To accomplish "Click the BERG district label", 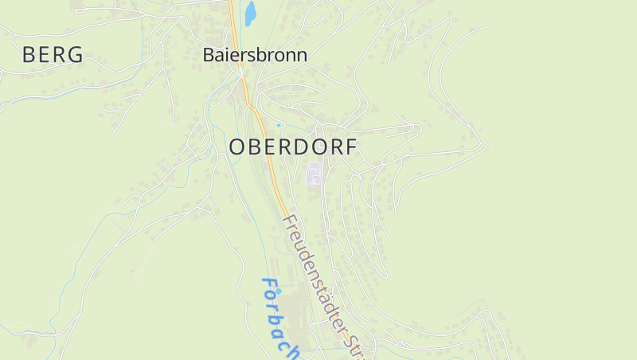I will [x=53, y=55].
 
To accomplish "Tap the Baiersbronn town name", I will [x=255, y=55].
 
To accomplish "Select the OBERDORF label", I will [x=293, y=147].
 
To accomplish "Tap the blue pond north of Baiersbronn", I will [x=250, y=13].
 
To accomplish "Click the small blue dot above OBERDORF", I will [x=278, y=125].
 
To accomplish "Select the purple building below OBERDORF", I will [x=315, y=174].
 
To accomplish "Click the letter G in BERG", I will [x=75, y=55].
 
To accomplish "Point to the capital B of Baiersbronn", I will [x=209, y=55].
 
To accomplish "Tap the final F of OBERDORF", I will [x=351, y=147].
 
